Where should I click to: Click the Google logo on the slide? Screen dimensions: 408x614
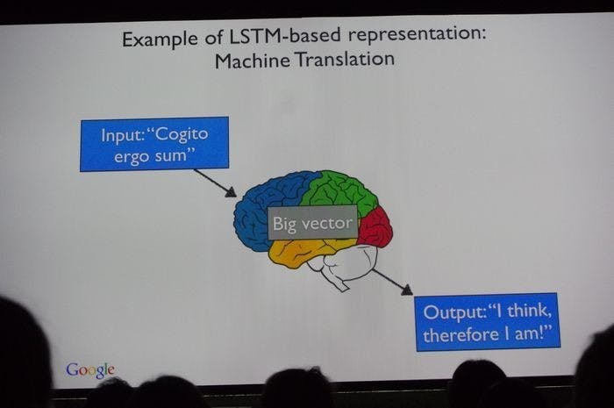pos(90,369)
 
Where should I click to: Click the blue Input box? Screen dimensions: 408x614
pos(153,143)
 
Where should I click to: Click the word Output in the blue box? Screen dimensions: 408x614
pos(449,312)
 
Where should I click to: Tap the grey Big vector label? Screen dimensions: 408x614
pos(312,223)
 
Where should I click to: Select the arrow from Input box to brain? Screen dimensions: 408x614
pos(215,183)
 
